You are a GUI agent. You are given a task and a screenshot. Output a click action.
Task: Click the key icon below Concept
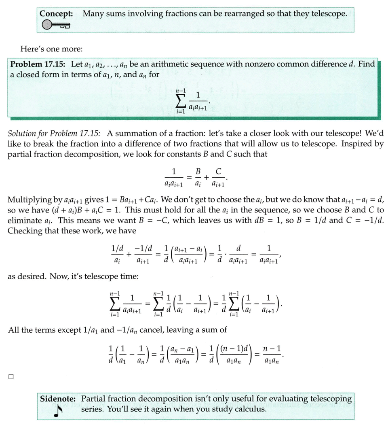[x=56, y=25]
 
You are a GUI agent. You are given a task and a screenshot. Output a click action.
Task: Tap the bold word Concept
[x=56, y=13]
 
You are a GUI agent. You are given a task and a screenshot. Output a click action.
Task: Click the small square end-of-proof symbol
[x=11, y=377]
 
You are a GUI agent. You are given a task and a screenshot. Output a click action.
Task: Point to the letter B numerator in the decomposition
[x=198, y=172]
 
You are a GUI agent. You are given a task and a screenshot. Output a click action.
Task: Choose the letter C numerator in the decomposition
[x=218, y=172]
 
